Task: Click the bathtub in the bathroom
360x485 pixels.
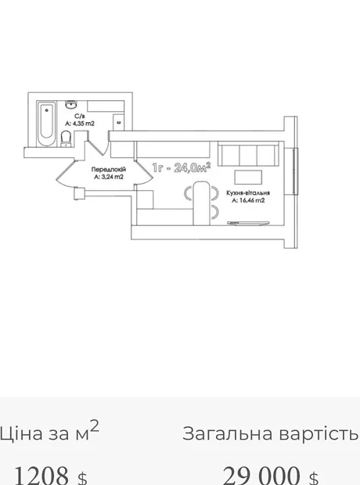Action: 46,124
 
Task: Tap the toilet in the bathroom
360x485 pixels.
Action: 66,138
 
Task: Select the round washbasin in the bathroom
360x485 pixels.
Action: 71,104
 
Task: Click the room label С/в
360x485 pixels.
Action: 80,117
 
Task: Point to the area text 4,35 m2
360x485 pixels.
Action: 80,124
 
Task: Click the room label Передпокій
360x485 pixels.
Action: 109,170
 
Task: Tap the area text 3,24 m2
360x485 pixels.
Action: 109,177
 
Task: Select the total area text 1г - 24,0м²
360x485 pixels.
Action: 182,167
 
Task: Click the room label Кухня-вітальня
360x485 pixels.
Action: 248,193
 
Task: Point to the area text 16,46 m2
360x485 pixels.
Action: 249,200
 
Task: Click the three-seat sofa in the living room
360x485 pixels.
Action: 248,154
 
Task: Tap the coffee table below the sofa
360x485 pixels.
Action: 248,178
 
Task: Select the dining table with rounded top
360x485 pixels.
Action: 201,203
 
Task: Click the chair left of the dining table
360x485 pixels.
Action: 189,194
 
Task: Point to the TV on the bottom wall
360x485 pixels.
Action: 248,223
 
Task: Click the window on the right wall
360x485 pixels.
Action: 296,171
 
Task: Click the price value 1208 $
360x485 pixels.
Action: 51,476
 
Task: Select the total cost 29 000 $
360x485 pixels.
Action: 270,476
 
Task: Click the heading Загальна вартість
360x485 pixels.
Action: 270,433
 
